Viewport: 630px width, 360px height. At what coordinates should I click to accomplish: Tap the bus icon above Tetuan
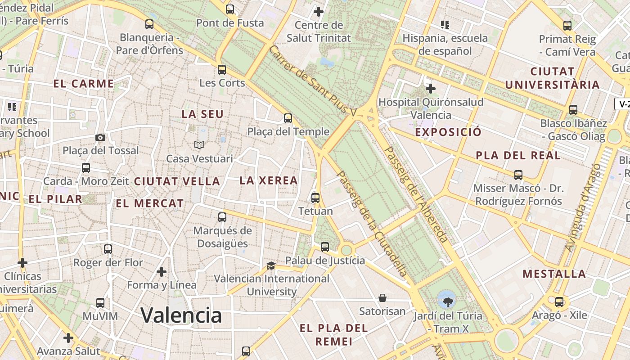[x=315, y=198]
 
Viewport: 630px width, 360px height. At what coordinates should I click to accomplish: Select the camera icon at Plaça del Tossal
[x=100, y=137]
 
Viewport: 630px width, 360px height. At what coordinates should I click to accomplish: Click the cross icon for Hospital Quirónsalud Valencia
[x=431, y=88]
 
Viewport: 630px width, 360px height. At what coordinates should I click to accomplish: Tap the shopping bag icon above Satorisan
[x=382, y=297]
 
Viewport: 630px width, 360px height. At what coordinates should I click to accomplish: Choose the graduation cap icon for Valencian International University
[x=271, y=265]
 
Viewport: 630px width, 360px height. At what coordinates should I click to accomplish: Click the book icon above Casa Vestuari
[x=199, y=145]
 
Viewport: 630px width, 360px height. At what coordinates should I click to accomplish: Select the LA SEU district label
[x=202, y=114]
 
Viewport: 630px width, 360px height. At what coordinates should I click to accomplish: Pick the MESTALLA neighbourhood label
[x=554, y=274]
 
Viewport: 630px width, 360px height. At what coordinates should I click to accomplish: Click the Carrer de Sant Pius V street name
[x=312, y=80]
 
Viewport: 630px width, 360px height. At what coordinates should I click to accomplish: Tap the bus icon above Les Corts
[x=222, y=70]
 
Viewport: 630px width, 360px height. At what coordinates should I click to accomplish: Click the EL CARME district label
[x=84, y=84]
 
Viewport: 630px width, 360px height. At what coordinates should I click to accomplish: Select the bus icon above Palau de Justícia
[x=325, y=247]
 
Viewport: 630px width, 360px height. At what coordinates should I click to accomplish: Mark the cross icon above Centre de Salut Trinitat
[x=319, y=11]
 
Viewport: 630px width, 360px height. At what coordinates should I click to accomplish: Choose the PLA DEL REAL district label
[x=518, y=156]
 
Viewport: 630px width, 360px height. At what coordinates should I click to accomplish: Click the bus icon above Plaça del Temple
[x=288, y=118]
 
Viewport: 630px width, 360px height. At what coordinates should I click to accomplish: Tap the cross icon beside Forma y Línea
[x=162, y=272]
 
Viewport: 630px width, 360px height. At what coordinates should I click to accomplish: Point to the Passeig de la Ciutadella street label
[x=372, y=223]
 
